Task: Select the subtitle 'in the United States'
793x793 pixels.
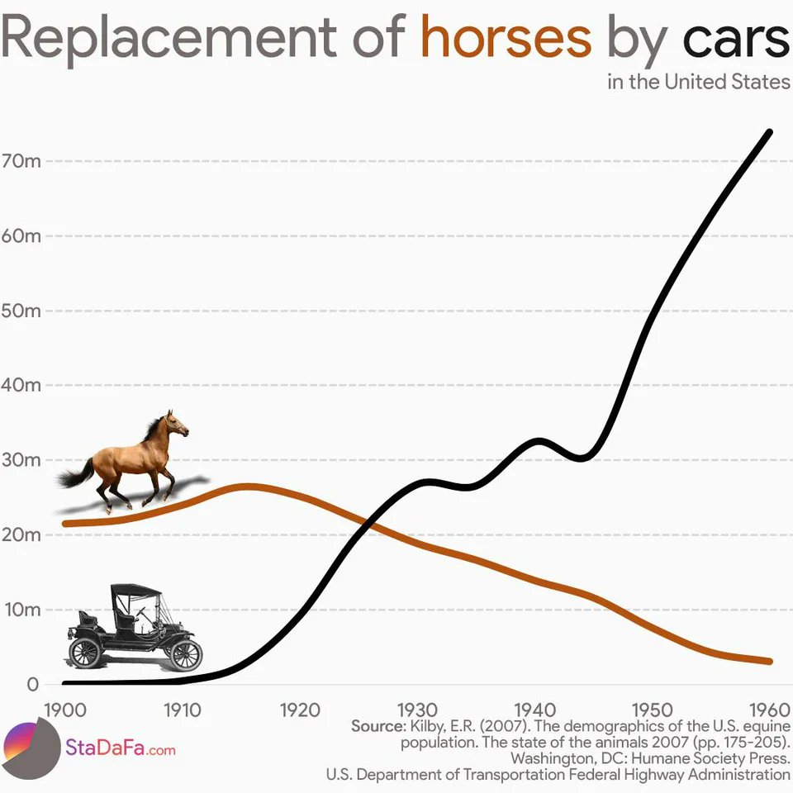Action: tap(699, 83)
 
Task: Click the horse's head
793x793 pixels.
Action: tap(176, 425)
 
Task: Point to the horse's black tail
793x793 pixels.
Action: tap(74, 477)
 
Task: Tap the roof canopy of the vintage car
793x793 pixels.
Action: tap(135, 590)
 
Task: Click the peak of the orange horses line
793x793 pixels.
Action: tap(245, 486)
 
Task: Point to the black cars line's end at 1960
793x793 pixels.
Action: tap(770, 132)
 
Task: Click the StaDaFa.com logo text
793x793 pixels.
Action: tap(120, 750)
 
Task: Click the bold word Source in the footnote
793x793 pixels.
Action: tap(378, 726)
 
